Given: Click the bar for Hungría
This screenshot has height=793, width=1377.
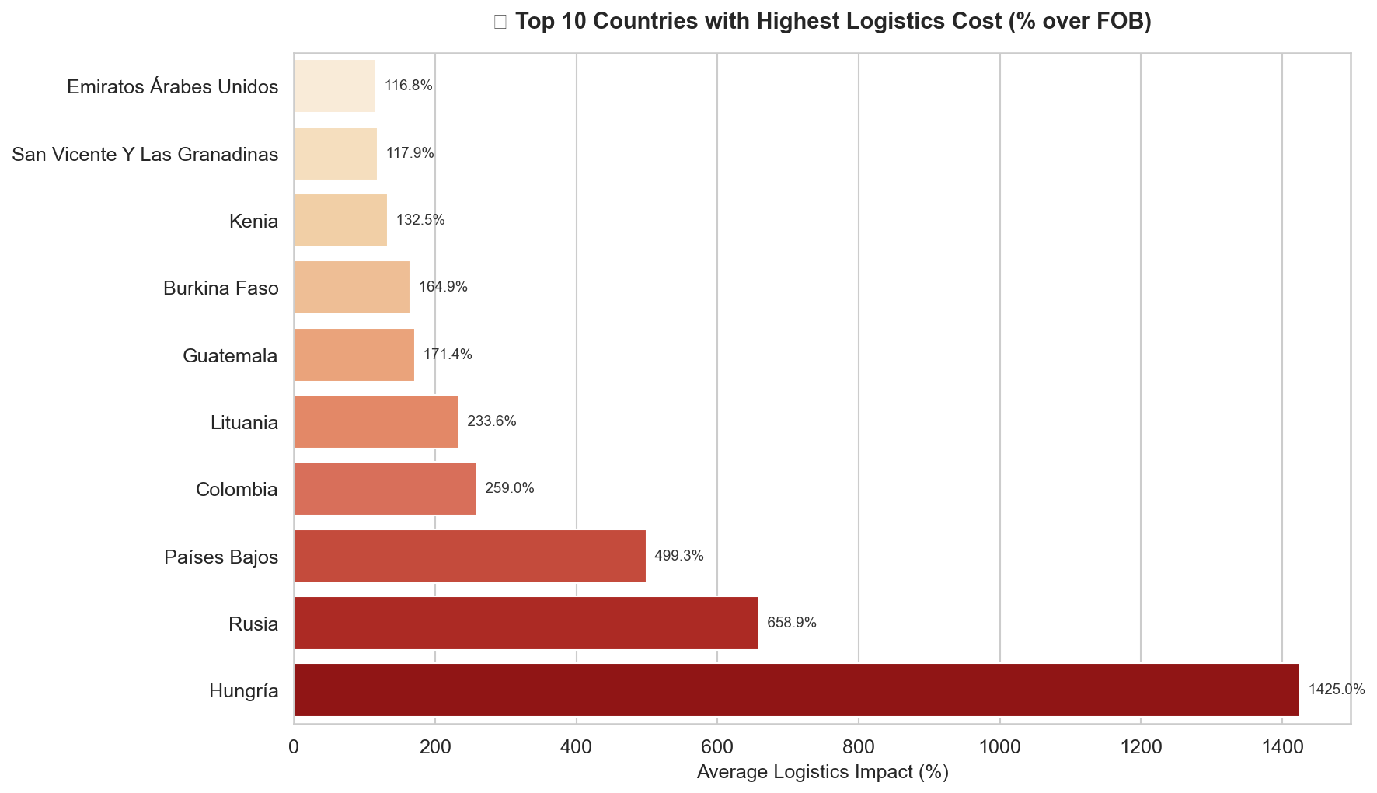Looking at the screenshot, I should (x=797, y=690).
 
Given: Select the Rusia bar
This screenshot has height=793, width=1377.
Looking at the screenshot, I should (x=526, y=623).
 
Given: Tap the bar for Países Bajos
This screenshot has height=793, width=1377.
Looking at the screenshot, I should (x=469, y=556).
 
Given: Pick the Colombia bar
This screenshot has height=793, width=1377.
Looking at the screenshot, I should (x=385, y=488).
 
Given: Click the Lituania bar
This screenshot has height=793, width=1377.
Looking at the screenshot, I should (x=376, y=421).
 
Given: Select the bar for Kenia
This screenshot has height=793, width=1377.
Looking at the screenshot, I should (x=340, y=220).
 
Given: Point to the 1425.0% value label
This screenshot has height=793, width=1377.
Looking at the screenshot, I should (x=1337, y=690).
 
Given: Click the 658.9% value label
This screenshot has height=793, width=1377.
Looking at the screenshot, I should (x=791, y=623).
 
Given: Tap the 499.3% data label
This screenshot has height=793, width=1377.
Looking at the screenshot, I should (x=678, y=556).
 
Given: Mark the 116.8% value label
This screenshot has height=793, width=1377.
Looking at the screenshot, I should (x=408, y=86).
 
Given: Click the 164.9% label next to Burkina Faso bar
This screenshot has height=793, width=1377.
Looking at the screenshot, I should (x=443, y=287).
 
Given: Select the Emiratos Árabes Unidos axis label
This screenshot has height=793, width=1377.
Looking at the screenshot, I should (x=173, y=86).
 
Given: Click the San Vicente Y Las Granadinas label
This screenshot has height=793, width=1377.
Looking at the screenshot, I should (x=145, y=154).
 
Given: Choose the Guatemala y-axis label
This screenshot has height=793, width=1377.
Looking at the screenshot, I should (x=230, y=355).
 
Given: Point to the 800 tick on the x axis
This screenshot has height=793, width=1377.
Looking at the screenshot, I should (x=858, y=747).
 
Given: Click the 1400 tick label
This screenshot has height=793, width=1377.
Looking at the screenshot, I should (x=1281, y=747).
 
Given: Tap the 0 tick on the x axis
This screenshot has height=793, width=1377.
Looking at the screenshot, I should (x=294, y=747).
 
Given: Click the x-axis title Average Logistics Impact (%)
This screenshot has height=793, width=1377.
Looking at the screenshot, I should (x=822, y=773).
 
